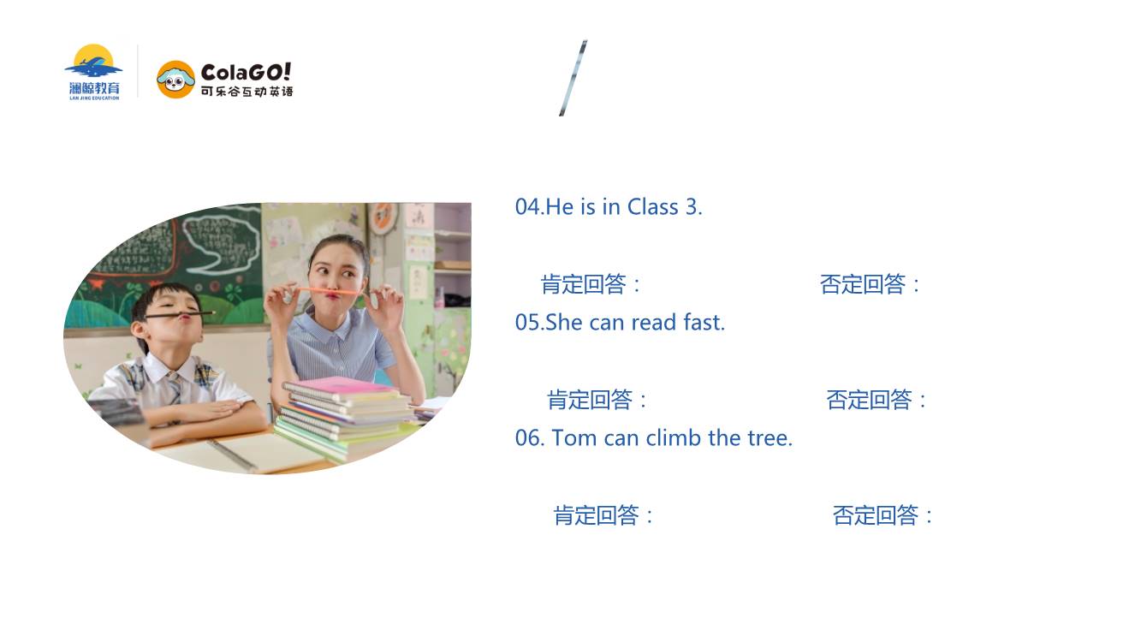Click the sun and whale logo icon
(93, 61)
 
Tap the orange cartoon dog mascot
(175, 80)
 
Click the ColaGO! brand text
(246, 73)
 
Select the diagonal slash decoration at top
(573, 78)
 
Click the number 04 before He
(528, 207)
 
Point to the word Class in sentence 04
(653, 207)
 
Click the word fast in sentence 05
(704, 323)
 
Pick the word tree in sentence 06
(770, 438)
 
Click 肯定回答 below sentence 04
(583, 284)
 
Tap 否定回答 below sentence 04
(863, 284)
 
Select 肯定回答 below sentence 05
(590, 400)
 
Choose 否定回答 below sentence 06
(876, 515)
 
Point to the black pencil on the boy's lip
(181, 315)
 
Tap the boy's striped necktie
(175, 389)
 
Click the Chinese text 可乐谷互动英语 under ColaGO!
(247, 92)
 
